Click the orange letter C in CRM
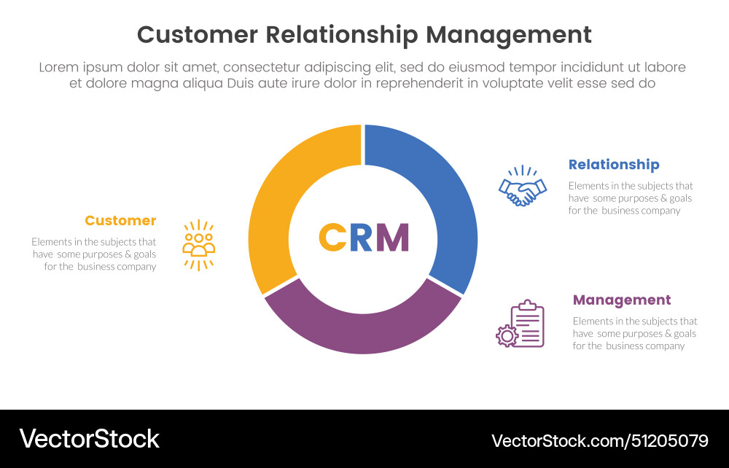tap(332, 237)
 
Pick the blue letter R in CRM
tap(362, 237)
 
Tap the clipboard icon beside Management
tap(526, 324)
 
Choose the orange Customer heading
tap(120, 221)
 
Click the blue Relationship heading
tap(614, 165)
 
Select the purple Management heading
tap(622, 300)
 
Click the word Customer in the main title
tap(197, 35)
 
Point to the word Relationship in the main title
tap(341, 35)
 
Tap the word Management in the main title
tap(509, 35)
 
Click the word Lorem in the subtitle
tap(59, 67)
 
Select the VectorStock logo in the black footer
tap(89, 439)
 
